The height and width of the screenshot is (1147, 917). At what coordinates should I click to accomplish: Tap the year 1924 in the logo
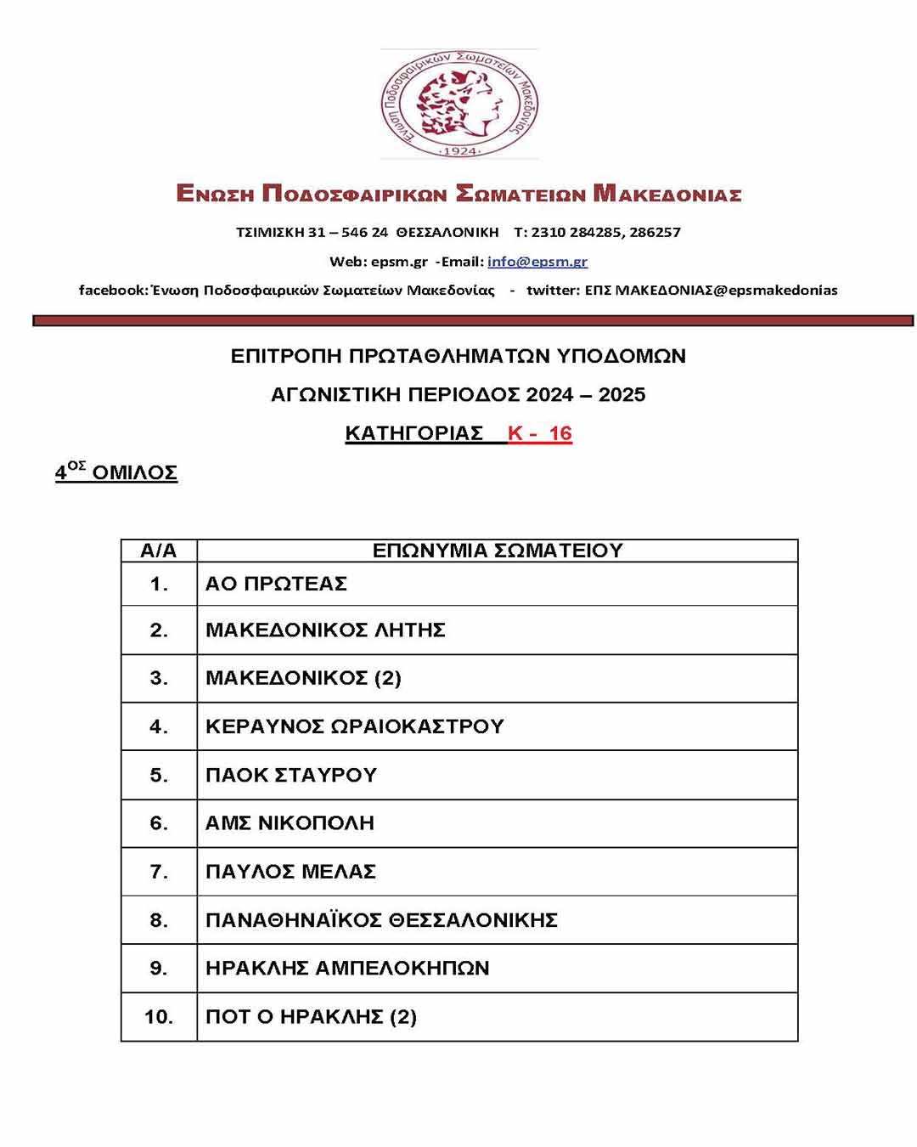458,151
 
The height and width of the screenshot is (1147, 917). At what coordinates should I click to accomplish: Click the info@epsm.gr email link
537,262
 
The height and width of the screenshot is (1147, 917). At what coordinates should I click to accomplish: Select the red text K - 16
539,433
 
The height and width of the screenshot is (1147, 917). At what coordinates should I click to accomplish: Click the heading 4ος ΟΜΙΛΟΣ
116,472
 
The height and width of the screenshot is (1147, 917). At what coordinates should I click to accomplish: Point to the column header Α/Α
159,551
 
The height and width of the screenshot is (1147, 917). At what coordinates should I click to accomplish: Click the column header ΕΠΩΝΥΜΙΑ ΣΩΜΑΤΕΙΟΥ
498,551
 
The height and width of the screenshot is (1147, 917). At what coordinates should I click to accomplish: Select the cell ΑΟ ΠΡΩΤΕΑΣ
276,584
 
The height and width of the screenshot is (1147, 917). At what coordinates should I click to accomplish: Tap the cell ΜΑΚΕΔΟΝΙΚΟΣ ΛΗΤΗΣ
325,630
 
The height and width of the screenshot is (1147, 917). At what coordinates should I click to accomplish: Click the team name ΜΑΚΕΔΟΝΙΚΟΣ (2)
303,678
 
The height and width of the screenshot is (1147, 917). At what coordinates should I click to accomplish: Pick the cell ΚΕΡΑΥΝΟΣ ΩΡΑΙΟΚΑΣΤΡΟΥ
355,726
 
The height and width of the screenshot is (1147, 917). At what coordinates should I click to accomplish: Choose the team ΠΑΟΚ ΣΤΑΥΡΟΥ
290,775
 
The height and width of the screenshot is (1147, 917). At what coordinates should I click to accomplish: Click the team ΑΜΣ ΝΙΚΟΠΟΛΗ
290,823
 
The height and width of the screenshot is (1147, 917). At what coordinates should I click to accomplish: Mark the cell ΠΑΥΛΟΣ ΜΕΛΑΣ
290,872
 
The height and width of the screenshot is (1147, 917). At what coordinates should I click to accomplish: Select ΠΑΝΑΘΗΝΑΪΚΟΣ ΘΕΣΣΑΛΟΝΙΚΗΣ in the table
381,920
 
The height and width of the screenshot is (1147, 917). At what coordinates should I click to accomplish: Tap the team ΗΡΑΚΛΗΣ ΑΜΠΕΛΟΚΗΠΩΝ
347,969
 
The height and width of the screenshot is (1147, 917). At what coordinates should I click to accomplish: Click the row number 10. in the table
159,1017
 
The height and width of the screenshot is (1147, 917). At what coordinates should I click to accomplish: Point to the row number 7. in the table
159,872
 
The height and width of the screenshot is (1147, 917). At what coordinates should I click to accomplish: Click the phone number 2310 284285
577,232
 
